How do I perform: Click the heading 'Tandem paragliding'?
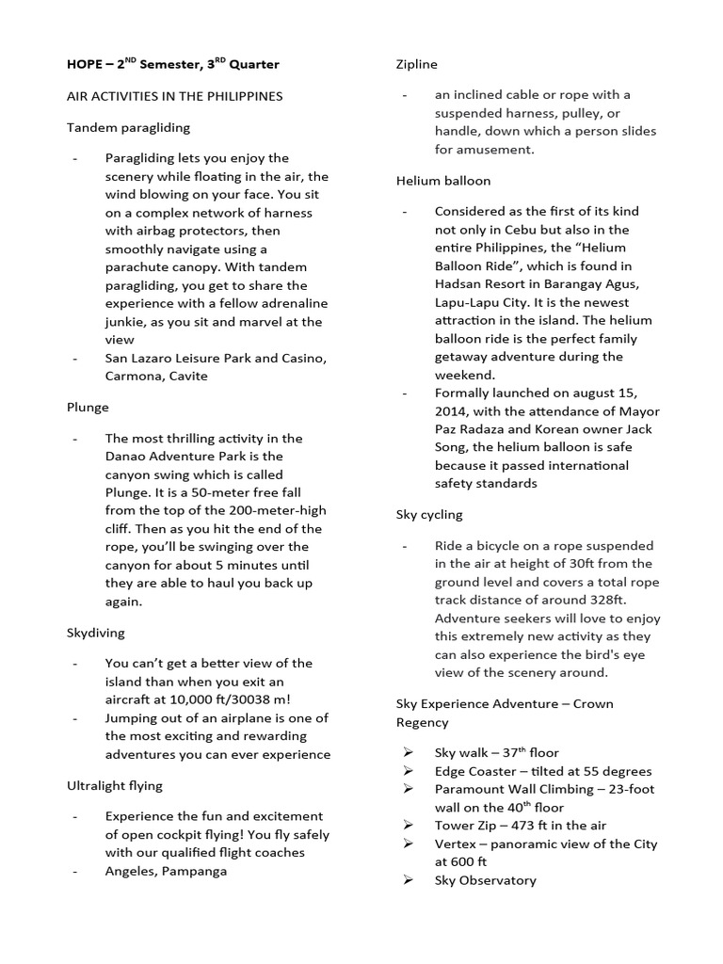pyautogui.click(x=128, y=127)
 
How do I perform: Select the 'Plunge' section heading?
pyautogui.click(x=88, y=407)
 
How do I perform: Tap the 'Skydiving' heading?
pyautogui.click(x=95, y=633)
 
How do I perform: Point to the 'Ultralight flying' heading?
pyautogui.click(x=115, y=784)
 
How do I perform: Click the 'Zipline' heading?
pyautogui.click(x=417, y=64)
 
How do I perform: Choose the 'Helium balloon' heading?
pyautogui.click(x=442, y=180)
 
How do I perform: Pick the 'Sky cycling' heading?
pyautogui.click(x=429, y=515)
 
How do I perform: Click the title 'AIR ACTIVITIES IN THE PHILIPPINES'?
pyautogui.click(x=174, y=96)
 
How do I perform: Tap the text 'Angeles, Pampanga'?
pyautogui.click(x=166, y=871)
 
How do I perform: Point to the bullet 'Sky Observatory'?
pyautogui.click(x=485, y=880)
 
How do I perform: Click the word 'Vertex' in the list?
pyautogui.click(x=455, y=843)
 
